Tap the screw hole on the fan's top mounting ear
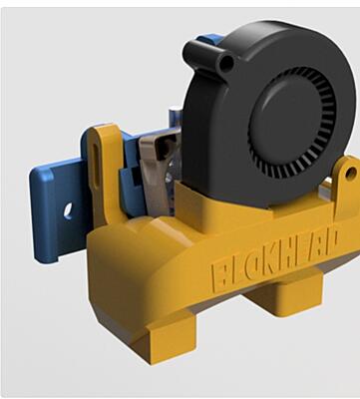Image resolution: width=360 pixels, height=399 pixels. click(226, 61)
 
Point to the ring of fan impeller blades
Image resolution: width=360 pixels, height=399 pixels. click(292, 122)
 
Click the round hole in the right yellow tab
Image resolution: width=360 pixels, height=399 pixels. click(350, 173)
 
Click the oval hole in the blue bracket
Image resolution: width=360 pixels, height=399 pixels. click(68, 211)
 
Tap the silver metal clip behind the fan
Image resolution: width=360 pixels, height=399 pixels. click(156, 170)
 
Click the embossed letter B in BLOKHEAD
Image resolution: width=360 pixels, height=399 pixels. click(218, 274)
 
